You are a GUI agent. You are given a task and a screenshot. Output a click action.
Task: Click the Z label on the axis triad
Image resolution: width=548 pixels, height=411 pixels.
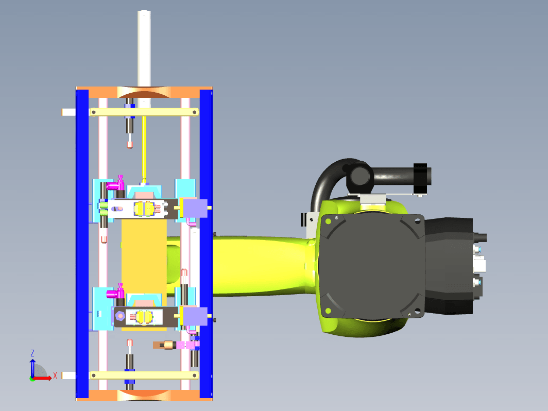pos(32,353)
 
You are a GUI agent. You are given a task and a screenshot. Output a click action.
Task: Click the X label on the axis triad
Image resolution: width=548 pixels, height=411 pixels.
pos(55,376)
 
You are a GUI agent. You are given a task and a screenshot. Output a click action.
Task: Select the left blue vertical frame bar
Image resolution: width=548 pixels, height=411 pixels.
pos(82,244)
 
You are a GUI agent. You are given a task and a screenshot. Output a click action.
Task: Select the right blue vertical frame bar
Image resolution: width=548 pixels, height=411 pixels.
pos(206,244)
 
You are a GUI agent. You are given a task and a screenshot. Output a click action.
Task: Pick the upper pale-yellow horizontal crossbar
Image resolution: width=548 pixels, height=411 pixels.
pos(144,112)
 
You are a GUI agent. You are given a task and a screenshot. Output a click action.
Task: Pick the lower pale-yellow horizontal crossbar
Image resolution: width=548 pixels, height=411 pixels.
pos(144,375)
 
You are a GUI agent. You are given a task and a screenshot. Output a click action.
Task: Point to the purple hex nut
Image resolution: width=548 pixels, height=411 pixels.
pos(120,316)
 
